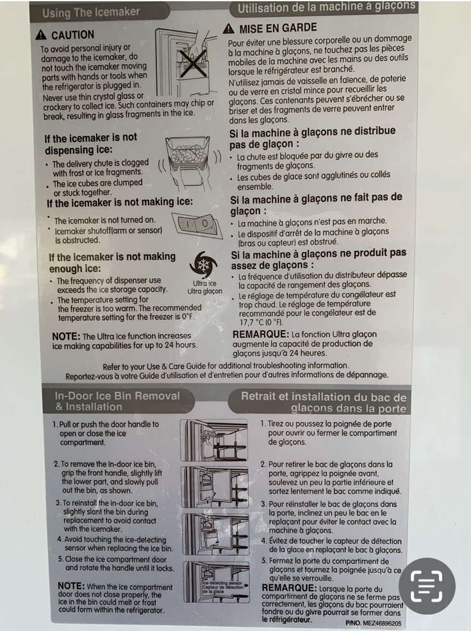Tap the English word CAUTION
coord(72,35)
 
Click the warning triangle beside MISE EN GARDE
coord(229,29)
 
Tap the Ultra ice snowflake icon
coord(204,264)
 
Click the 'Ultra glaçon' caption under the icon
coord(204,291)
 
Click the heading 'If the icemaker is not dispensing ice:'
coord(90,144)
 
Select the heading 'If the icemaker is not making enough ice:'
coord(112,262)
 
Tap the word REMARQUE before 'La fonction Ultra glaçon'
coord(260,334)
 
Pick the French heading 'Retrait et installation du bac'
coord(324,402)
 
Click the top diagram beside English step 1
coord(214,440)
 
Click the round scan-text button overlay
coord(427,585)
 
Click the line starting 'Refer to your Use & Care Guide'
coord(226,365)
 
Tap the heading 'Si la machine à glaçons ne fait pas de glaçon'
coord(316,204)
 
